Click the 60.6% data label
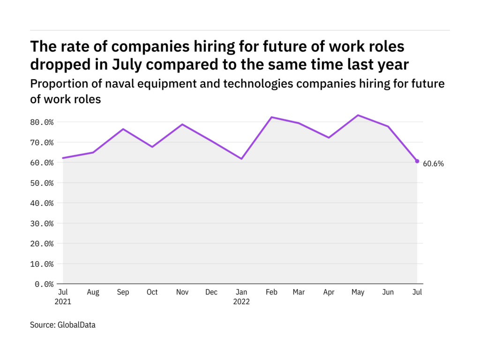pyautogui.click(x=433, y=164)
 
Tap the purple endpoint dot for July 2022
pyautogui.click(x=417, y=161)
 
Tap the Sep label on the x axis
pyautogui.click(x=123, y=292)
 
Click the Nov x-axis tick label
pyautogui.click(x=182, y=292)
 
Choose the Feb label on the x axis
pyautogui.click(x=271, y=292)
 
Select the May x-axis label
pyautogui.click(x=359, y=292)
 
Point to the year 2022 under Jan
pyautogui.click(x=242, y=302)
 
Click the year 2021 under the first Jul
pyautogui.click(x=63, y=302)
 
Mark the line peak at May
pyautogui.click(x=359, y=115)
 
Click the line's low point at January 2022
pyautogui.click(x=242, y=159)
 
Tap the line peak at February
pyautogui.click(x=271, y=117)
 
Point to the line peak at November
pyautogui.click(x=182, y=124)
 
